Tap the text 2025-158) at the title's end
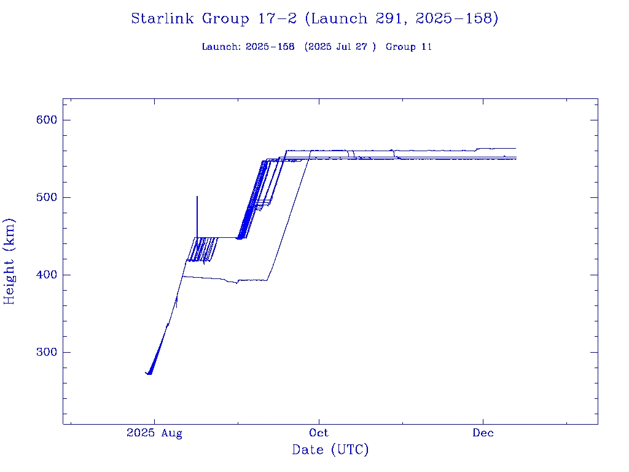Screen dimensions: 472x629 457,19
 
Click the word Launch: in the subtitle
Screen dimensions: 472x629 221,47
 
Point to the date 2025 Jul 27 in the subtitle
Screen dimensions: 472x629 340,47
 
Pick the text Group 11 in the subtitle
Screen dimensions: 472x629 408,47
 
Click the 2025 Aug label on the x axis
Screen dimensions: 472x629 154,433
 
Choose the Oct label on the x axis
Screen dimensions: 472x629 319,433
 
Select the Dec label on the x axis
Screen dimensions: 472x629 483,433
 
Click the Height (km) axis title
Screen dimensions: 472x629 10,261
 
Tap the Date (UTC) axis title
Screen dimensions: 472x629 330,450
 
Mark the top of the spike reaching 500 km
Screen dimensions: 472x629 197,197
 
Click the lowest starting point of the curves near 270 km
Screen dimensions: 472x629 149,374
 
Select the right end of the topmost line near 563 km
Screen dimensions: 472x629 515,148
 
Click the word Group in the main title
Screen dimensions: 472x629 226,19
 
